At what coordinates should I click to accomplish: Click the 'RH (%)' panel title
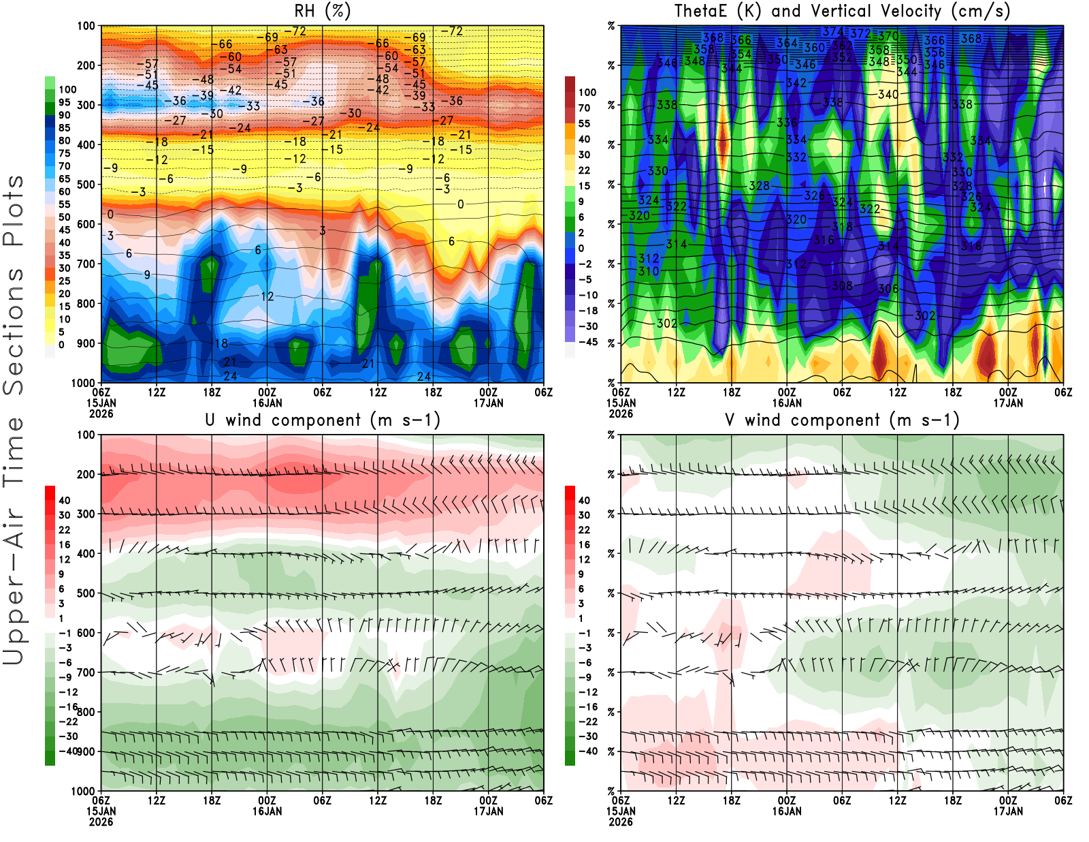(x=322, y=12)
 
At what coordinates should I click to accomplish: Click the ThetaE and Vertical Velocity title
(x=842, y=12)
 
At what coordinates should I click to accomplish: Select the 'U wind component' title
(x=322, y=420)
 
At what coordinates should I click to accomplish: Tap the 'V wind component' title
(x=842, y=420)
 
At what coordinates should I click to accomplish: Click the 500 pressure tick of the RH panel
(x=86, y=185)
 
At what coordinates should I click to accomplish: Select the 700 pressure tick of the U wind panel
(x=86, y=672)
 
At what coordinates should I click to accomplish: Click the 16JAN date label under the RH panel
(x=267, y=403)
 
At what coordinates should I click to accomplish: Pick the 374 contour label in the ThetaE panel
(x=833, y=31)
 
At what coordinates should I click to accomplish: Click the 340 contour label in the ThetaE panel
(x=888, y=95)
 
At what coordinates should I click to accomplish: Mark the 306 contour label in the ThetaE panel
(x=888, y=289)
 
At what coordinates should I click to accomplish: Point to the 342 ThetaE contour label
(x=796, y=83)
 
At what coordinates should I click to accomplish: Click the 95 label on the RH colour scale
(x=64, y=102)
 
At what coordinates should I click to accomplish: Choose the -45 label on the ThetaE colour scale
(x=588, y=342)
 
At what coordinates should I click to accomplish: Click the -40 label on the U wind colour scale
(x=68, y=751)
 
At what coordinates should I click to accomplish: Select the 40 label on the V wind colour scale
(x=584, y=500)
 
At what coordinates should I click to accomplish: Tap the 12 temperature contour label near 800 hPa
(x=267, y=296)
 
